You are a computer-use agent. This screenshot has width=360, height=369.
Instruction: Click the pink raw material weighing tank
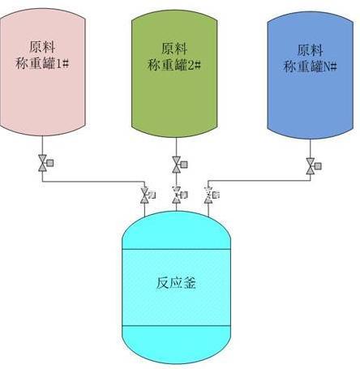tap(42, 71)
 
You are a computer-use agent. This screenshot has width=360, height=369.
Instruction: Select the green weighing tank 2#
tap(174, 74)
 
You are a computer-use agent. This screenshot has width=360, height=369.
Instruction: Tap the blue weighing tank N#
tap(311, 75)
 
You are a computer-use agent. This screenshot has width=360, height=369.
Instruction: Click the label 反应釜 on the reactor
tap(176, 283)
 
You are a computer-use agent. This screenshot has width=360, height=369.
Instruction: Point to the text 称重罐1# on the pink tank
tap(42, 64)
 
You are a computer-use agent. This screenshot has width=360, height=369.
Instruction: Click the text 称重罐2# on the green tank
tap(174, 65)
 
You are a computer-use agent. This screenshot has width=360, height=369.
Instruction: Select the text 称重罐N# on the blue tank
tap(311, 67)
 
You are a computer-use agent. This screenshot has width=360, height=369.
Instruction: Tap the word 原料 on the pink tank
tap(42, 47)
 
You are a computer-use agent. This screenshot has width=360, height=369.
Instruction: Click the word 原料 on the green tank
tap(174, 49)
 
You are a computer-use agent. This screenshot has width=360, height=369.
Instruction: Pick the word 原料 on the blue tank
tap(311, 50)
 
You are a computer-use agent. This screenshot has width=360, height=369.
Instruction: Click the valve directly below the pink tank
tap(45, 163)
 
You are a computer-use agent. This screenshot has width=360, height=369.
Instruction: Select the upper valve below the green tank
tap(179, 165)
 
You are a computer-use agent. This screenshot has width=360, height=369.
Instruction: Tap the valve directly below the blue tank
tap(313, 166)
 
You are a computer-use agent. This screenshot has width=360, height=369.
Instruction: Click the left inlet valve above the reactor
tap(148, 195)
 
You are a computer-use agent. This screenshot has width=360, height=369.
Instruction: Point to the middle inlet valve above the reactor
tap(179, 195)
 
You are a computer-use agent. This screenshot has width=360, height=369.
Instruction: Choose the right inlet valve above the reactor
tap(212, 195)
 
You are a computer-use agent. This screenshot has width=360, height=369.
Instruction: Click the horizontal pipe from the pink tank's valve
tap(93, 182)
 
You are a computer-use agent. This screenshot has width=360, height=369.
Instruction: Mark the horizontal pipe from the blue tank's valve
tap(259, 180)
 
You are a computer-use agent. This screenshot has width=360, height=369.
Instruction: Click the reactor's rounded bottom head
tap(177, 345)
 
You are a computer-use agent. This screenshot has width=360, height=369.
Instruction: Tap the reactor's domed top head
tap(177, 230)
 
